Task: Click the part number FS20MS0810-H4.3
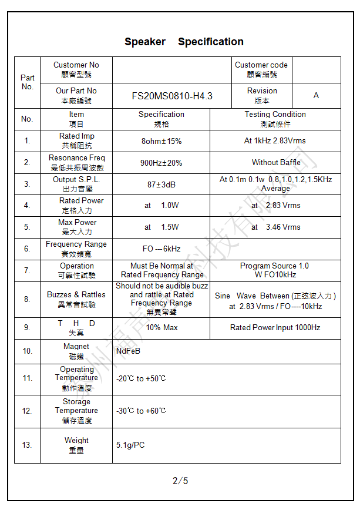(172, 96)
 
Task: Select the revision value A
(316, 96)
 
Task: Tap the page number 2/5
(180, 481)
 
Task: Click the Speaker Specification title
(184, 42)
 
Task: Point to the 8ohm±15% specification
(162, 141)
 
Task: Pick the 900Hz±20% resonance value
(161, 163)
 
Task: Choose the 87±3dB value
(162, 184)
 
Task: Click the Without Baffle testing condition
(276, 163)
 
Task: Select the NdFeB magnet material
(128, 351)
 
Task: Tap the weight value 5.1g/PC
(130, 445)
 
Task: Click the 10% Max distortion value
(162, 327)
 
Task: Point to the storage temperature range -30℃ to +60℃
(141, 411)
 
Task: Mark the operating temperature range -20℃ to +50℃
(141, 378)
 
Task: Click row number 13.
(27, 445)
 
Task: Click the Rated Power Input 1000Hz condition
(275, 327)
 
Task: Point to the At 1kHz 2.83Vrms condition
(275, 141)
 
